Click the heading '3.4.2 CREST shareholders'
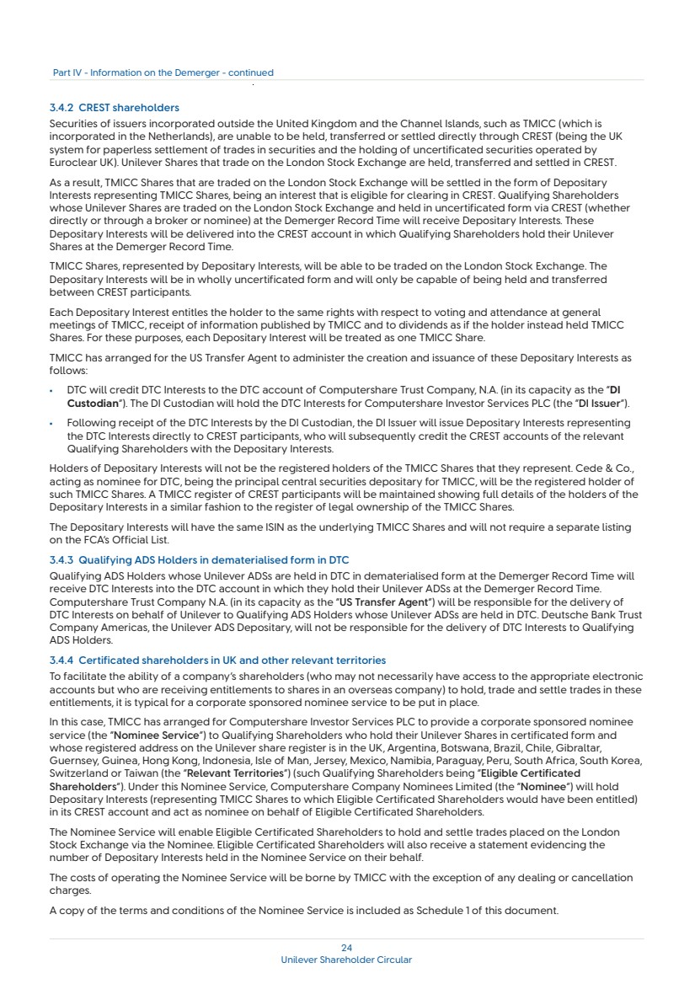[x=115, y=108]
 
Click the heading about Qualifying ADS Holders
[x=199, y=560]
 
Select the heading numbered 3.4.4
[x=217, y=660]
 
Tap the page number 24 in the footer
[x=346, y=948]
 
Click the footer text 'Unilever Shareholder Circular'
[x=346, y=960]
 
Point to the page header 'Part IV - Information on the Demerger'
[x=163, y=72]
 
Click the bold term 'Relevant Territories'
[x=230, y=773]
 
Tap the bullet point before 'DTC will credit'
[x=52, y=393]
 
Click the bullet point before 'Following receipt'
[x=52, y=423]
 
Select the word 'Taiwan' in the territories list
[x=129, y=773]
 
